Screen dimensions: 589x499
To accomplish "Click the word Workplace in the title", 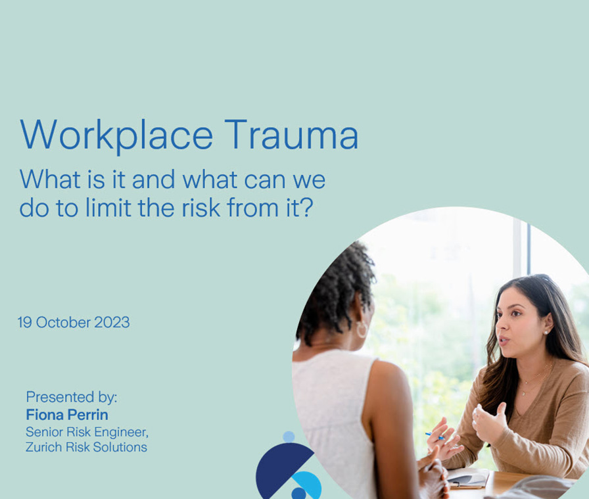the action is coord(116,136).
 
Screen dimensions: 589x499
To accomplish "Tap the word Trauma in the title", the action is coord(292,135).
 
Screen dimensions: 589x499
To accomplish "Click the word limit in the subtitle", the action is coord(108,207).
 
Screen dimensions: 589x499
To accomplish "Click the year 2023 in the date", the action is coord(112,322).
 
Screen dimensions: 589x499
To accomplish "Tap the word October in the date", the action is coord(64,322).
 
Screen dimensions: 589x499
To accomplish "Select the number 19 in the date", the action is coord(25,322).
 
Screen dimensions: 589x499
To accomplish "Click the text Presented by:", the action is coord(72,397).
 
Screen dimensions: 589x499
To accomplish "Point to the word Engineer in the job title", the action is coord(121,432).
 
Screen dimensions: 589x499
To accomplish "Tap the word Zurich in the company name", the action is coord(44,447).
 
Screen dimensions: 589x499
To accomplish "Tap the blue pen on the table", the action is coord(435,436).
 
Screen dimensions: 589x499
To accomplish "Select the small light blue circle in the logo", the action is coord(289,437).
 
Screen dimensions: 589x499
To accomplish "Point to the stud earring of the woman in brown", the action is coord(545,333).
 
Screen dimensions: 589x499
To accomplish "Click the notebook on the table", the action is coord(467,477).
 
